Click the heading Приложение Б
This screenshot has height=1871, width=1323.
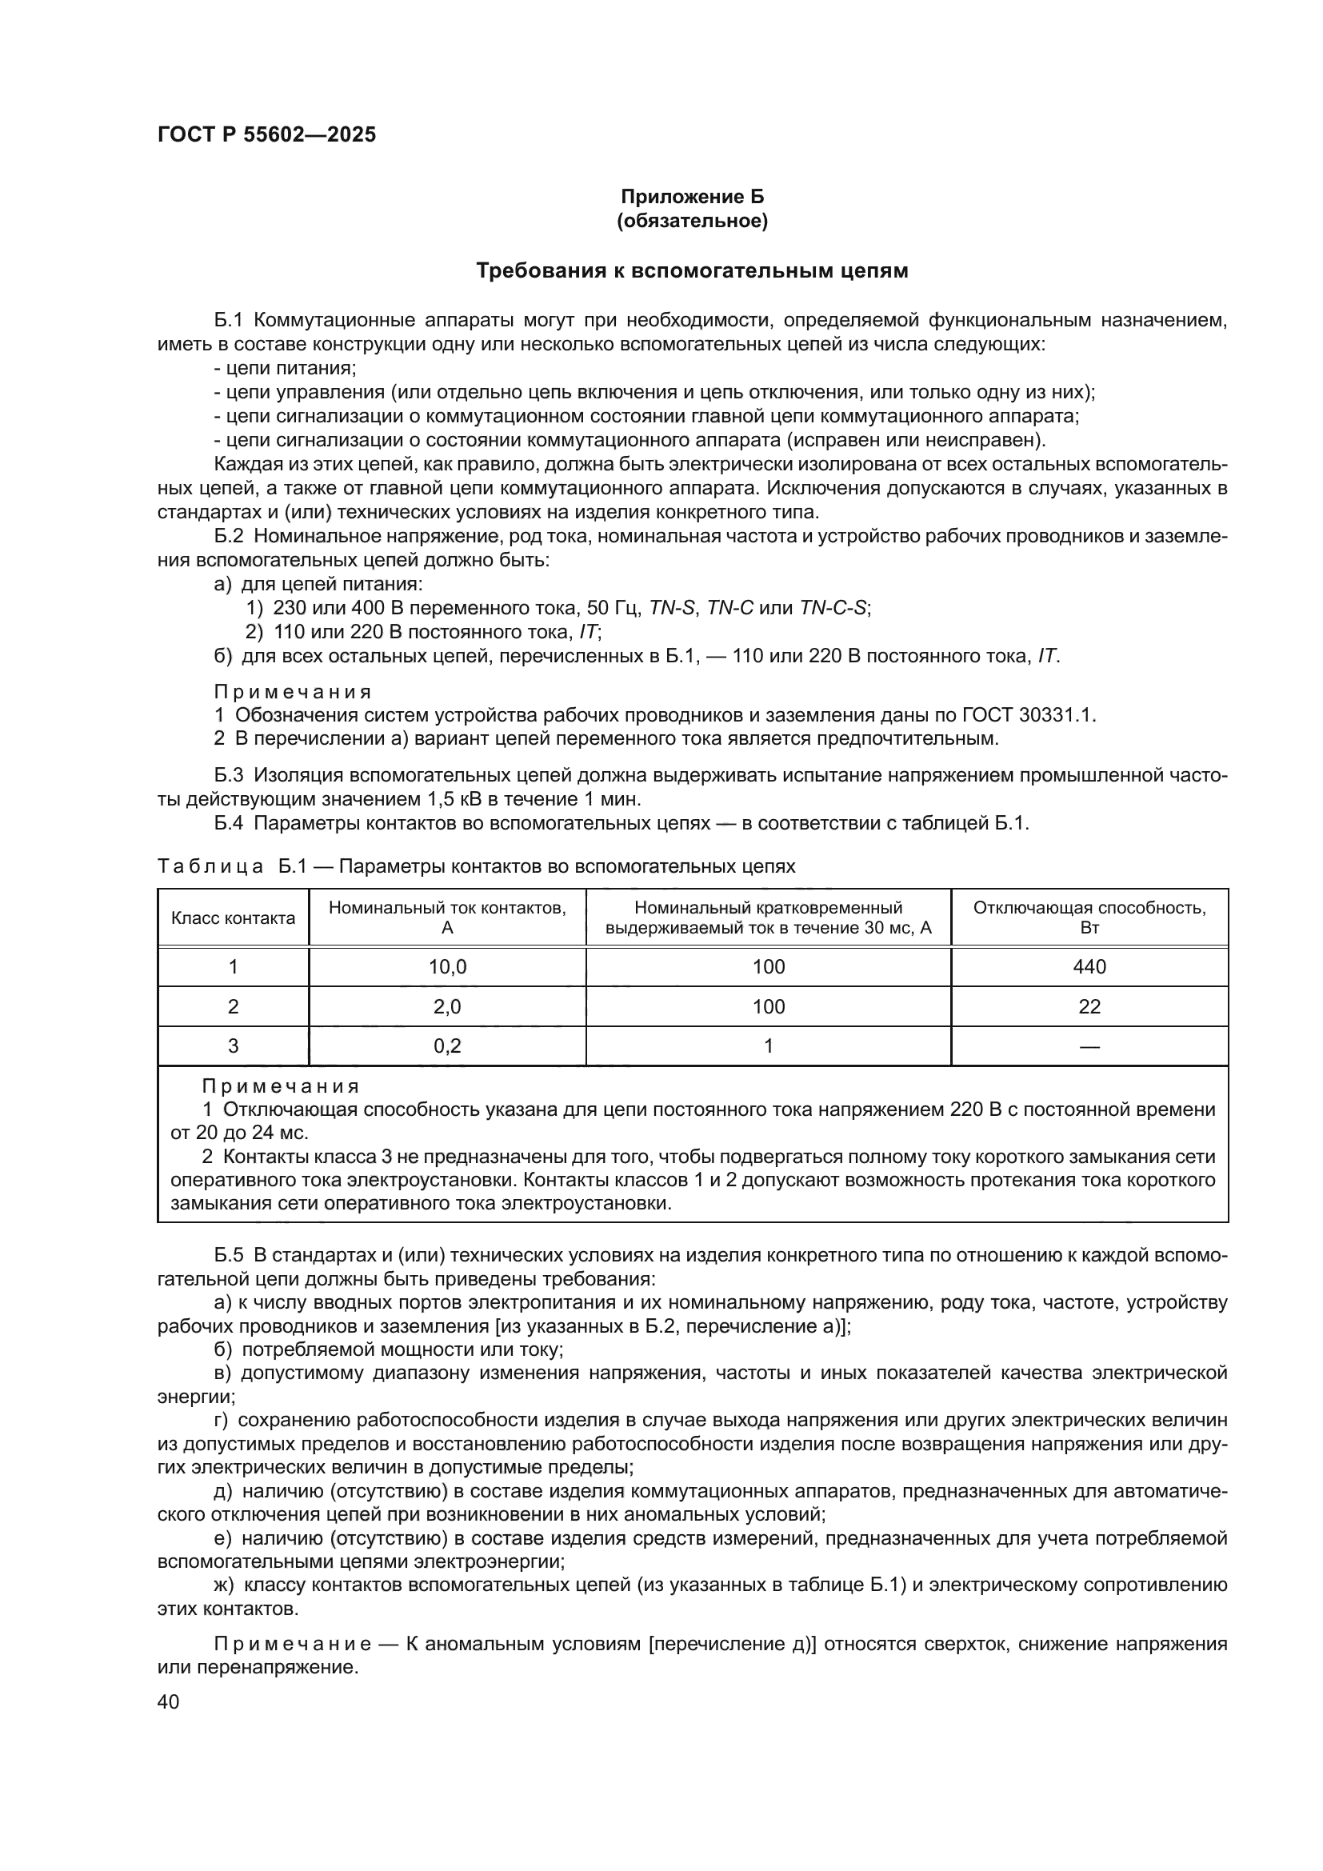coord(693,197)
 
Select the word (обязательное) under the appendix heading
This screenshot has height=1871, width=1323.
coord(693,221)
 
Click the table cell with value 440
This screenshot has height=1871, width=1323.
coord(1089,966)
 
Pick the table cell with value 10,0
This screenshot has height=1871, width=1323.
coord(447,966)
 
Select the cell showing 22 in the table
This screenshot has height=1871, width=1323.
coord(1089,1006)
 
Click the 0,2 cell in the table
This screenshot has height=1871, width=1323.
coord(447,1045)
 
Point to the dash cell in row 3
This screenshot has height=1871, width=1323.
coord(1089,1046)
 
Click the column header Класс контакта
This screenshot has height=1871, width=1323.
coord(233,918)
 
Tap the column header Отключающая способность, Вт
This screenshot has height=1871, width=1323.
coord(1089,918)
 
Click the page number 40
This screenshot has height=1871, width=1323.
coord(169,1701)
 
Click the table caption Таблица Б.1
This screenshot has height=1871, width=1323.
coord(232,866)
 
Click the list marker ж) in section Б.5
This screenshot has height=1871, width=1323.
coord(224,1585)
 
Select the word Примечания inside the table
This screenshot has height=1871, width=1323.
coord(280,1086)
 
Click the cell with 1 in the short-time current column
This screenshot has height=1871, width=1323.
coord(768,1045)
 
